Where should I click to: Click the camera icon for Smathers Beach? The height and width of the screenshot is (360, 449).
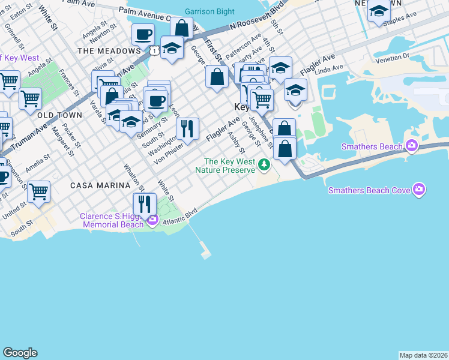411,146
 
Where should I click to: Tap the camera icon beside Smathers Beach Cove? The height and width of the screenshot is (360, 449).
419,190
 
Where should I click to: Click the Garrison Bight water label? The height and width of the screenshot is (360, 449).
209,11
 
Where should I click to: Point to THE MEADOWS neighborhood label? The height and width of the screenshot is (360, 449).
104,51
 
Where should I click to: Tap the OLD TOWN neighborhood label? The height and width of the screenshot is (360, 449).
58,114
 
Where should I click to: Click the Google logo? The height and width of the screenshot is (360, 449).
20,353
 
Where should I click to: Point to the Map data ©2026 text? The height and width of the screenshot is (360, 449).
423,355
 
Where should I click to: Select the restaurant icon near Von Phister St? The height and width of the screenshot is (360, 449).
187,128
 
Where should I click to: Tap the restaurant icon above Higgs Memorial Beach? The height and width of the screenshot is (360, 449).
144,204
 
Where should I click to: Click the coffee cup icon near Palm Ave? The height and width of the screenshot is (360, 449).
143,35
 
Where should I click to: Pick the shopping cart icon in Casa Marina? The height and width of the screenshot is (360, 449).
38,191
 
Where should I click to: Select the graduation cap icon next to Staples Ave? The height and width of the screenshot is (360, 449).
379,11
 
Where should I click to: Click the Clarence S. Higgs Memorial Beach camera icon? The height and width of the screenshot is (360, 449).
152,220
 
